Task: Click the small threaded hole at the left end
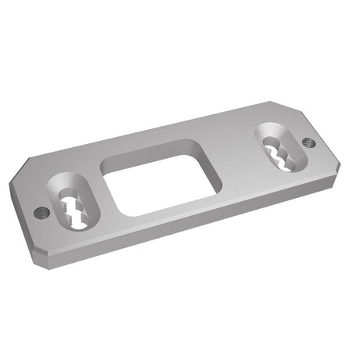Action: [43, 212]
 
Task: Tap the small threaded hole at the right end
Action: [308, 143]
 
